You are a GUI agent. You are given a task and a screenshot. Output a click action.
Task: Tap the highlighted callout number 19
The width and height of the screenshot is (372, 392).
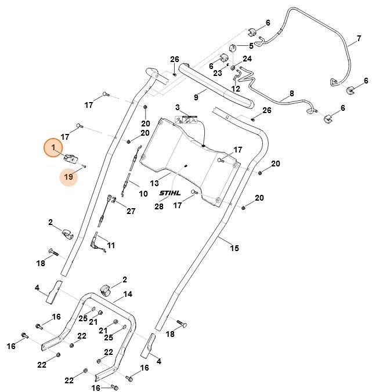[69, 177]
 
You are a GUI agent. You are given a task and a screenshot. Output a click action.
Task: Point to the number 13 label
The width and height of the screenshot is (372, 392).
[155, 183]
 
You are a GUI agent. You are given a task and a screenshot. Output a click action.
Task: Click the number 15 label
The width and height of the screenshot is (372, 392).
[234, 248]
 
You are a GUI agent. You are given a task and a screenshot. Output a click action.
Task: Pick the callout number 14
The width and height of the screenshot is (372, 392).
[128, 294]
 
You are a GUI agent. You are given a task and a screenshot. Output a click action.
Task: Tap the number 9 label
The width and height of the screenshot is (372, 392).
[196, 97]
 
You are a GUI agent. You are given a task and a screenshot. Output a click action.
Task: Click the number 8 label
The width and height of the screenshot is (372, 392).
[291, 92]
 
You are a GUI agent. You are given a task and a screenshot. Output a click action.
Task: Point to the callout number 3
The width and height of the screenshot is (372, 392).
[178, 107]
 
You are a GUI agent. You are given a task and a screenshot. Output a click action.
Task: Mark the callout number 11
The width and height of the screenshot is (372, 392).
[110, 245]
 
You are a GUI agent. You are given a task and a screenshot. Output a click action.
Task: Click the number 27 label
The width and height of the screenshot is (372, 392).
[131, 211]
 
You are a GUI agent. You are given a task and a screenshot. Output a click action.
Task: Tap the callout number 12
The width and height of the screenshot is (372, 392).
[236, 89]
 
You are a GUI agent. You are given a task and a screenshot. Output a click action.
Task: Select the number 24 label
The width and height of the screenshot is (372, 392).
[247, 59]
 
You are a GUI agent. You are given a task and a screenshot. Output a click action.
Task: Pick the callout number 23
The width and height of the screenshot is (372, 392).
[218, 73]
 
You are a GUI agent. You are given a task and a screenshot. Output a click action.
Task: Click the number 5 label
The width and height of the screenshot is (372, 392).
[251, 46]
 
